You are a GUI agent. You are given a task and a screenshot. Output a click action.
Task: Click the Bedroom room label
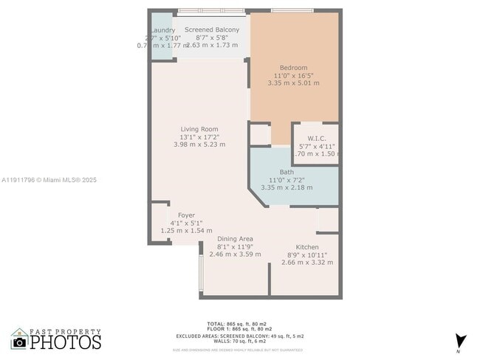pyautogui.click(x=293, y=68)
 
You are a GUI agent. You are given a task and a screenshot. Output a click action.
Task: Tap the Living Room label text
pyautogui.click(x=199, y=129)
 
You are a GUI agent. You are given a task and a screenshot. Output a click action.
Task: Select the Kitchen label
pyautogui.click(x=307, y=247)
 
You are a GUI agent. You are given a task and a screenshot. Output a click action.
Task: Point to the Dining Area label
pyautogui.click(x=235, y=239)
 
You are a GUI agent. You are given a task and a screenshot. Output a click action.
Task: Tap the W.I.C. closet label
pyautogui.click(x=315, y=138)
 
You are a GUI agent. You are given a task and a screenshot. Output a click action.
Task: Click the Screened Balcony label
pyautogui.click(x=212, y=30)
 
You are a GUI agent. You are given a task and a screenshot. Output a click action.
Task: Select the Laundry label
pyautogui.click(x=162, y=30)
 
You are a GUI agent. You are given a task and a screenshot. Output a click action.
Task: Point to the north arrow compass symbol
pyautogui.click(x=461, y=341)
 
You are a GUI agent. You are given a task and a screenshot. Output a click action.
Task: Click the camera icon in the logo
pyautogui.click(x=20, y=342)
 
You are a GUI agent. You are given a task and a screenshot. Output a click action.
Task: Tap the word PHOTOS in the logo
pyautogui.click(x=66, y=342)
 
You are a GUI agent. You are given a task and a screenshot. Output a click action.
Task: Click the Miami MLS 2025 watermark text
pyautogui.click(x=49, y=179)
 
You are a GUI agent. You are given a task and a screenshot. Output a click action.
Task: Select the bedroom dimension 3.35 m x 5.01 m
pyautogui.click(x=293, y=83)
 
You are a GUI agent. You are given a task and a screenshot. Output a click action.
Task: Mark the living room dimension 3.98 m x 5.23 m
pyautogui.click(x=199, y=145)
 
